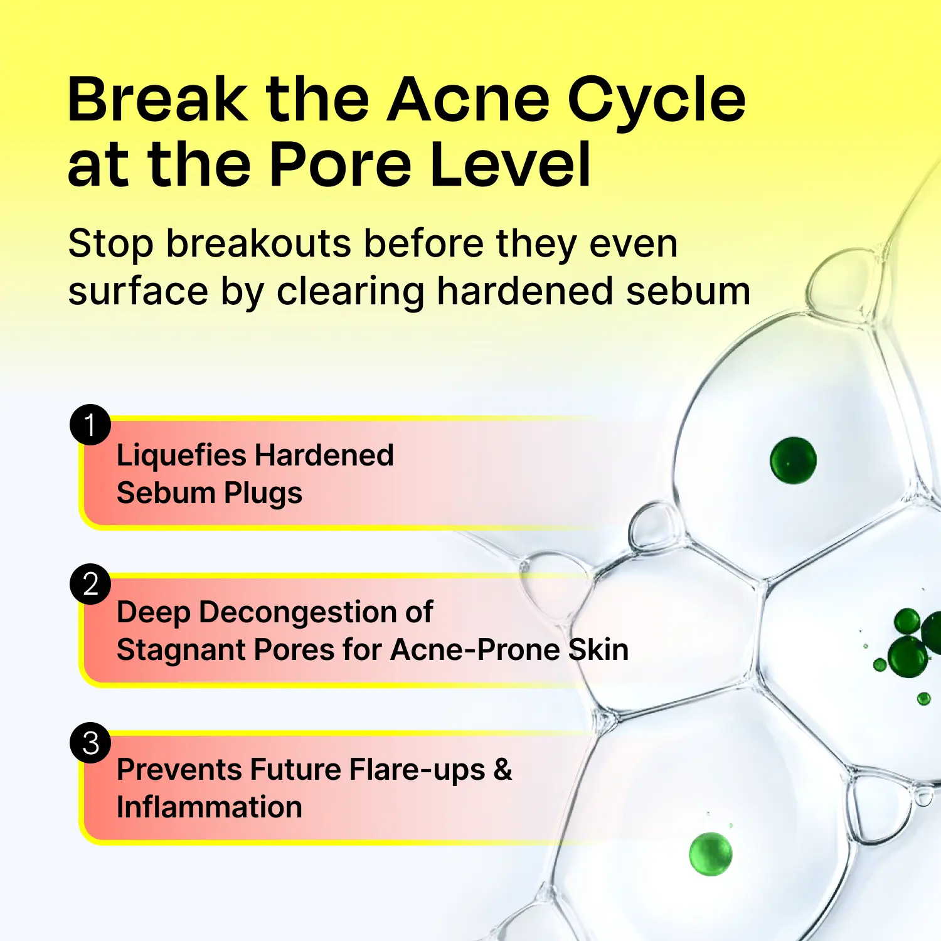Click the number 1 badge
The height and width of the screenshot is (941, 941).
click(90, 425)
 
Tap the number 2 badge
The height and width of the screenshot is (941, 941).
click(90, 584)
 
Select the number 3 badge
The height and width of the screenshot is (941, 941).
click(90, 743)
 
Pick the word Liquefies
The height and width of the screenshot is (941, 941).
click(181, 456)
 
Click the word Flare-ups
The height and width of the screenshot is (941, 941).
click(417, 770)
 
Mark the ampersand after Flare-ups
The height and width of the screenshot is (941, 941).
click(503, 770)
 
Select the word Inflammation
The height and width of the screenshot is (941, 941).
click(210, 807)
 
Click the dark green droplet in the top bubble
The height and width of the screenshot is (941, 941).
click(793, 460)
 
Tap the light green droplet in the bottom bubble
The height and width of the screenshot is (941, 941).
click(711, 854)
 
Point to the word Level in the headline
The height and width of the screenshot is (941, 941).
click(511, 164)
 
